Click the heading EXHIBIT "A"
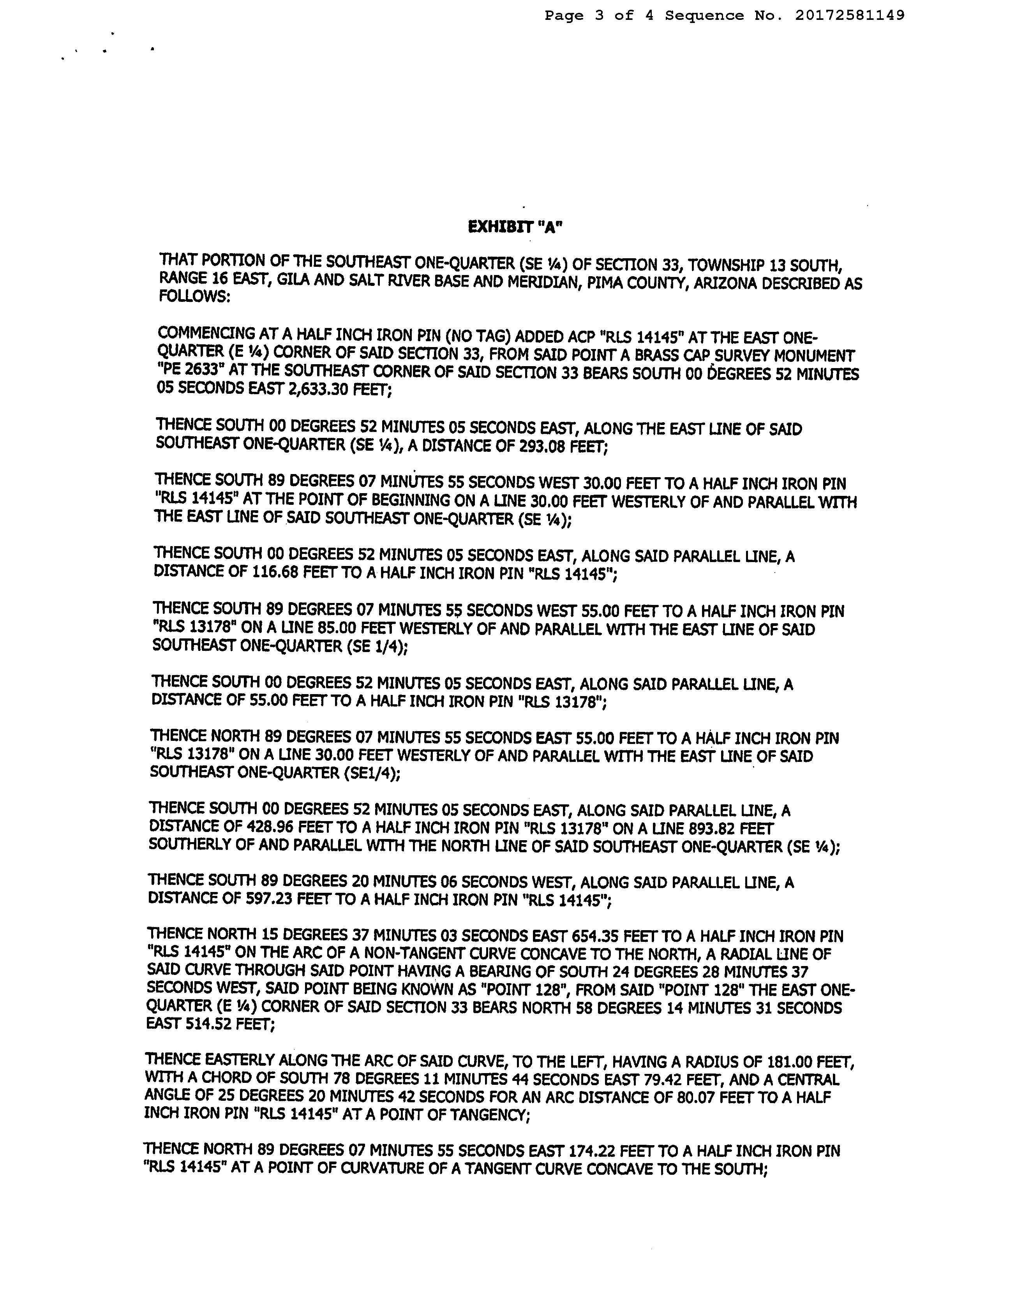[515, 227]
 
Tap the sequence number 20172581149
[849, 16]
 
